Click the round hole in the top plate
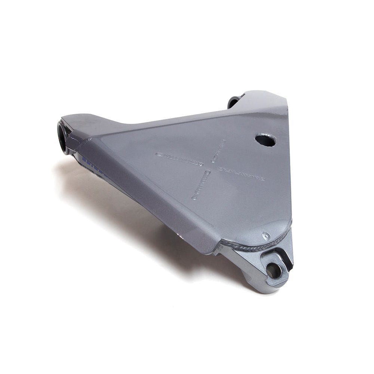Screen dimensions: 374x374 click(x=266, y=140)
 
